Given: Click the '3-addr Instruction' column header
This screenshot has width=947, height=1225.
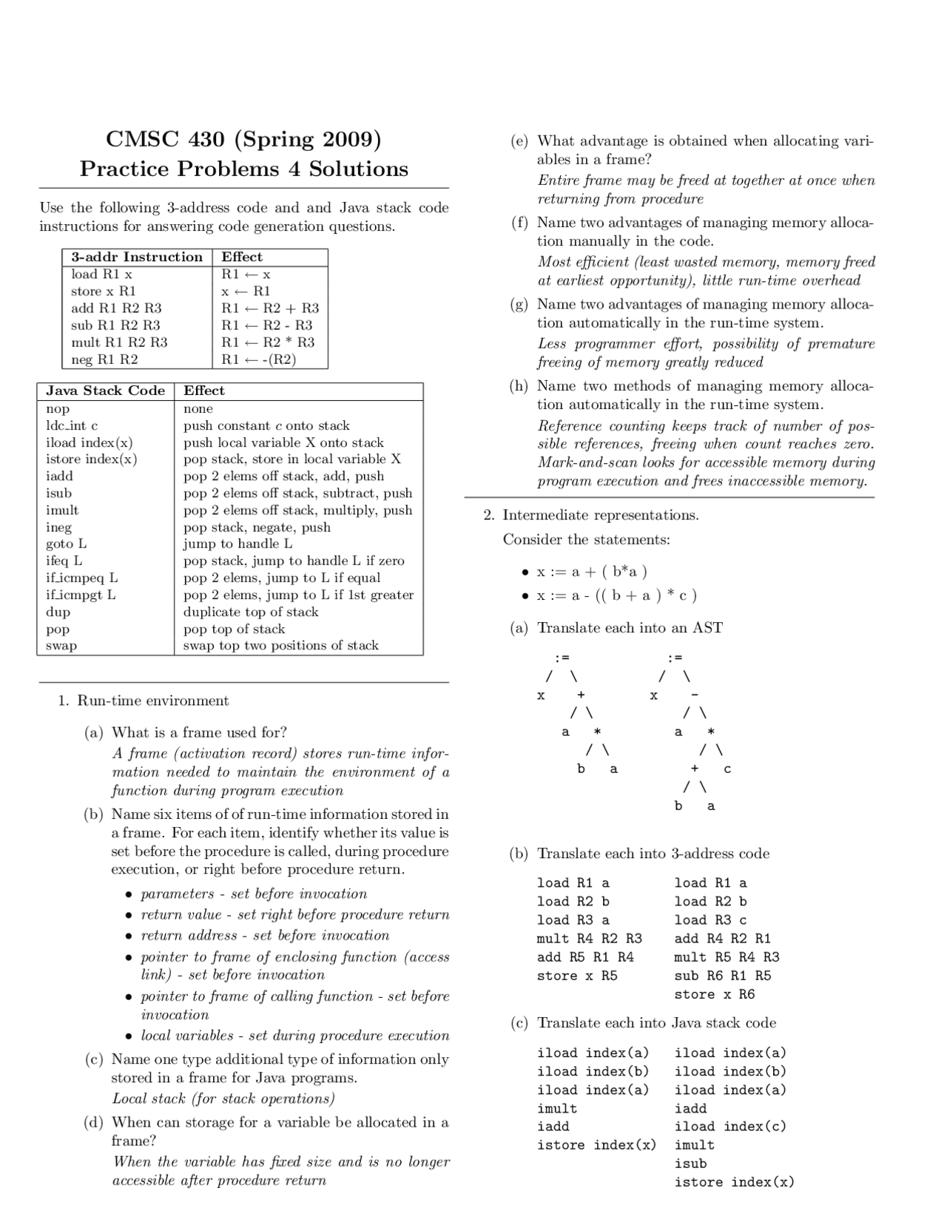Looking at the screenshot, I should click(x=137, y=257).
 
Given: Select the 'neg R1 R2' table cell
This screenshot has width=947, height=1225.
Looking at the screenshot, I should click(x=104, y=360).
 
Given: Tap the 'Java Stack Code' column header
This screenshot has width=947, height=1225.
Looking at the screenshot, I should click(x=105, y=391).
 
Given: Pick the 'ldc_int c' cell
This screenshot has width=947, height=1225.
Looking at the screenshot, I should click(x=72, y=425).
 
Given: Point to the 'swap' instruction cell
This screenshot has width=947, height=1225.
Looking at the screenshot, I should click(x=61, y=646).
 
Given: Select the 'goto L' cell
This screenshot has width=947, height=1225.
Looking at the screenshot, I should click(x=66, y=544).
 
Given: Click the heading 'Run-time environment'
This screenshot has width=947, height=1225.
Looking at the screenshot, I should click(x=152, y=701).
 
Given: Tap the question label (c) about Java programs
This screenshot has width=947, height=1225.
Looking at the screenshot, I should click(x=93, y=1059).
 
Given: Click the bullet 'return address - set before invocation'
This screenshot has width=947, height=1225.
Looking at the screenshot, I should click(x=265, y=935).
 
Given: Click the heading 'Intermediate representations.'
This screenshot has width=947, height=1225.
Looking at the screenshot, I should click(x=600, y=515).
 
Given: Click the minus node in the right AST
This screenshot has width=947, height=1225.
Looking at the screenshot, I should click(x=694, y=695).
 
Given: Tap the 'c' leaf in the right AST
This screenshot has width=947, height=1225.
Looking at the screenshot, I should click(x=727, y=769).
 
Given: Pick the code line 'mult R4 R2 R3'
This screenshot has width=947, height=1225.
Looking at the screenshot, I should click(x=589, y=939).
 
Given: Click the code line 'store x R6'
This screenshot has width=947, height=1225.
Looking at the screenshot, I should click(x=714, y=994).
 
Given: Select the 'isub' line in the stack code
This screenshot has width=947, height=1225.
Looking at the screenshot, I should click(x=690, y=1164).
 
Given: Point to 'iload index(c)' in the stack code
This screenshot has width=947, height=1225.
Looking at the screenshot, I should click(x=730, y=1127).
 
